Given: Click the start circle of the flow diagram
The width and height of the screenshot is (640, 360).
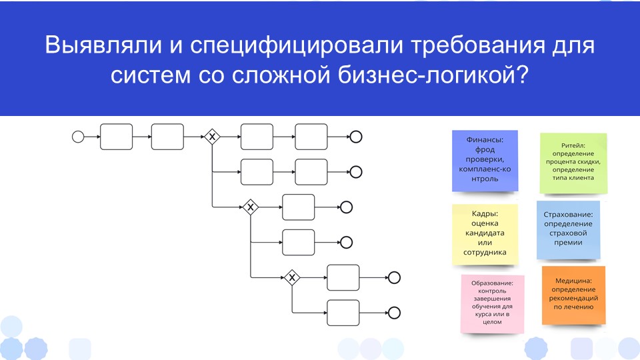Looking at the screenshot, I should tap(78, 137).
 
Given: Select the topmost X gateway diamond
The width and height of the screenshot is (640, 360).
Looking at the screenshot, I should tap(212, 137).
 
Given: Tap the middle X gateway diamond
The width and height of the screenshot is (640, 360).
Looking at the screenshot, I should tap(251, 207).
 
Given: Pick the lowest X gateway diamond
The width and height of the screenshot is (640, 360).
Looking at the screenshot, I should tap(292, 277).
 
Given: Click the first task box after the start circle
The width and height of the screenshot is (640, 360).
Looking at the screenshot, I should tap(117, 137).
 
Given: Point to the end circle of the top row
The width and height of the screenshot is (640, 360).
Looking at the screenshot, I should tap(355, 137).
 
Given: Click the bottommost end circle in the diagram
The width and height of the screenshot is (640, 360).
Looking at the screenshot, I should tap(394, 312).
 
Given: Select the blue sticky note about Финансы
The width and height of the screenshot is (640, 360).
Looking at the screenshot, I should tap(485, 161).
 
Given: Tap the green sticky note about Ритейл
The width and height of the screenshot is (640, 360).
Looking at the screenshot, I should tap(573, 161).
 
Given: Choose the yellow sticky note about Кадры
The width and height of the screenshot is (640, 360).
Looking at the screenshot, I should tap(485, 233).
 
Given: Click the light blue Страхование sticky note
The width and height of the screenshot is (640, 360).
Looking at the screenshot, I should tap(568, 229).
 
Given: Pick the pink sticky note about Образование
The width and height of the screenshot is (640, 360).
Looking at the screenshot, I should tap(492, 303).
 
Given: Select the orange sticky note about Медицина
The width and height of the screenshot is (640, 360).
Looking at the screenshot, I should tap(574, 294).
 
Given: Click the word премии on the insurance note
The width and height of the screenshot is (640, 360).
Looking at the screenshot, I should tap(568, 243).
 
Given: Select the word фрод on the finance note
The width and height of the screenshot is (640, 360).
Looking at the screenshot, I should tap(485, 150).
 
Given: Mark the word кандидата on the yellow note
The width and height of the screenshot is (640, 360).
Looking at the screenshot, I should tap(485, 233).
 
